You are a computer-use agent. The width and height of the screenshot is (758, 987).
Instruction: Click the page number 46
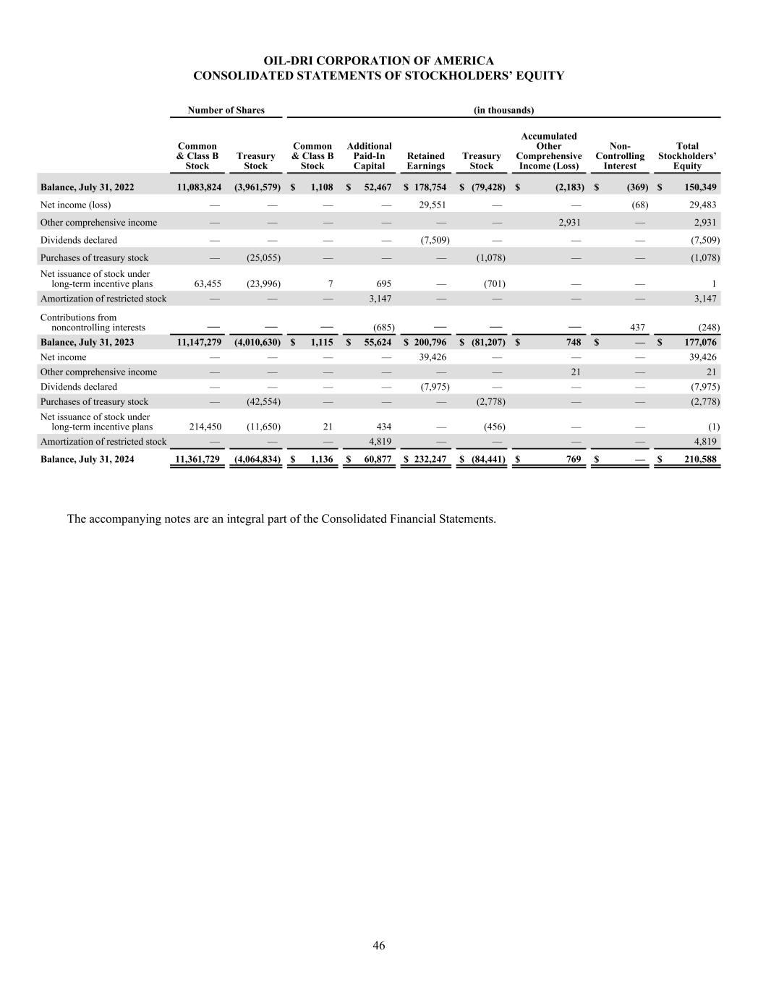[379, 946]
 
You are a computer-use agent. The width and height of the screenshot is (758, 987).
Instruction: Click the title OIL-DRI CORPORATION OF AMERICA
[378, 61]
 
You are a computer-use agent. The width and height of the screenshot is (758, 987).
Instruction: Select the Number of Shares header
[226, 111]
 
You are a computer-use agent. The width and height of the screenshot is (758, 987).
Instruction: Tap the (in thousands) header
[503, 111]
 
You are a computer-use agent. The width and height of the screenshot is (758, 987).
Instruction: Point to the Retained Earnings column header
[425, 161]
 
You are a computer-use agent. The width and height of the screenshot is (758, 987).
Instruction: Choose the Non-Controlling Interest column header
[620, 156]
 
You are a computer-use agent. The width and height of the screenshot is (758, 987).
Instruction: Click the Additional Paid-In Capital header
[369, 156]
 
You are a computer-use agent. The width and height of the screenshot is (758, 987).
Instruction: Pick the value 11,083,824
[199, 188]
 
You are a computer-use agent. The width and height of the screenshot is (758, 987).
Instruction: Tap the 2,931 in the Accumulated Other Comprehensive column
[569, 223]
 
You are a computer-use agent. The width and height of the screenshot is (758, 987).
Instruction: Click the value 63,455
[208, 284]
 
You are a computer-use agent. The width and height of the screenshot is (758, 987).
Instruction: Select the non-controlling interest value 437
[638, 328]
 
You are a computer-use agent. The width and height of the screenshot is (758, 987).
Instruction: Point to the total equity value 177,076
[696, 343]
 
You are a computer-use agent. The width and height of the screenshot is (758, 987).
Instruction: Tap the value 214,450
[205, 427]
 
